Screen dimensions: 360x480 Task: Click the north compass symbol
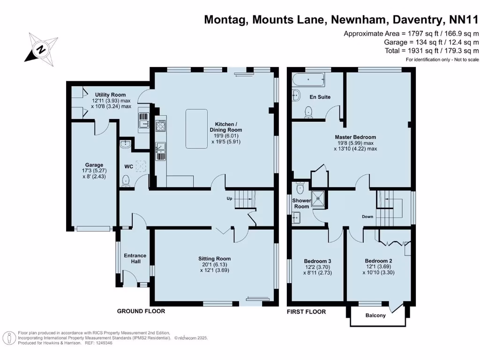point(41,48)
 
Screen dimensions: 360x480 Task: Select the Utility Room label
point(110,95)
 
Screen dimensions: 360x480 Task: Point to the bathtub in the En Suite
point(308,81)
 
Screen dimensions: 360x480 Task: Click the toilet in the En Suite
point(308,112)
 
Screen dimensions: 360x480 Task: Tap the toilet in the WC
point(126,180)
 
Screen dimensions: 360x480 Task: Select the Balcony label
point(375,315)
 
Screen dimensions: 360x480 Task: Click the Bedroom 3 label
point(317,261)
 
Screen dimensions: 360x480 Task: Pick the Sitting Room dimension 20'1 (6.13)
point(214,264)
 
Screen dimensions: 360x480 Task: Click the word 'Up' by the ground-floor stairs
point(229,198)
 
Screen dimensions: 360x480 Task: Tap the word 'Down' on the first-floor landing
point(367,217)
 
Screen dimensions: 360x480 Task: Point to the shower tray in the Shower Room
point(319,198)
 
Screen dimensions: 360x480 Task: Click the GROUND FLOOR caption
point(141,311)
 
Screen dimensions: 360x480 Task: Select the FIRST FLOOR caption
point(306,311)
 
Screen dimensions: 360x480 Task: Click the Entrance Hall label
point(135,258)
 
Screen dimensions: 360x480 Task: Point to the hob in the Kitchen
point(160,125)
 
